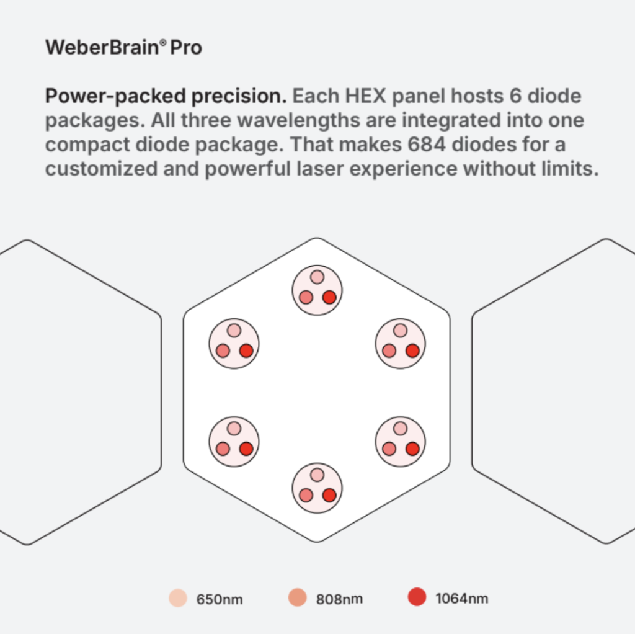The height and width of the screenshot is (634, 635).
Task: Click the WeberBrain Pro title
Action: tap(123, 47)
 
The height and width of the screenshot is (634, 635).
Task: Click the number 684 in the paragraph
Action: tap(427, 144)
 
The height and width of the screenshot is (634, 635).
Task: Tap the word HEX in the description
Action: tap(366, 96)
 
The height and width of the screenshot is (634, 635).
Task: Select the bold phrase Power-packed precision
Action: tap(166, 97)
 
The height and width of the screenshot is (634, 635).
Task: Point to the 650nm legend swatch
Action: tap(178, 598)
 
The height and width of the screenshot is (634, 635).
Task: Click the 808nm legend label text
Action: tap(339, 599)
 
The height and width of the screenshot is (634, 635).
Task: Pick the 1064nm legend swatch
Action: tap(417, 597)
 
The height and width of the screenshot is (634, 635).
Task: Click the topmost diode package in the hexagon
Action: tap(317, 290)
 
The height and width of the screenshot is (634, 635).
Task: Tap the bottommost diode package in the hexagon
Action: tap(317, 488)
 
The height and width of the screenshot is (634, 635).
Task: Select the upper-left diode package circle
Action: tap(234, 344)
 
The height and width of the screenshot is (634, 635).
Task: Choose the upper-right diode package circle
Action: tap(401, 344)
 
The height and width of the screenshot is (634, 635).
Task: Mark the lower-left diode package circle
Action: tap(234, 442)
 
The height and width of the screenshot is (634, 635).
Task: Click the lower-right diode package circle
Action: tap(401, 442)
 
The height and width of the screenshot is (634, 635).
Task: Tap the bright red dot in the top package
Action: tap(329, 297)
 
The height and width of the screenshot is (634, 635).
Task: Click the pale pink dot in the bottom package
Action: tap(317, 475)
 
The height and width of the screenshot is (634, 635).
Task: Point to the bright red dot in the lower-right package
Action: tap(412, 449)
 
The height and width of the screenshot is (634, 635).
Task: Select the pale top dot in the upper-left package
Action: tap(234, 331)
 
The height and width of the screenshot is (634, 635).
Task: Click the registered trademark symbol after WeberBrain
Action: tap(163, 42)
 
